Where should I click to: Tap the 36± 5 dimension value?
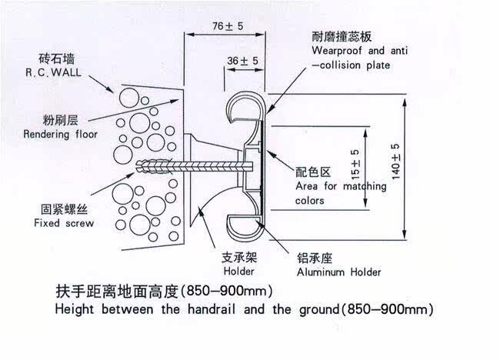click(242, 60)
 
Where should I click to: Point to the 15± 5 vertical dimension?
click(355, 163)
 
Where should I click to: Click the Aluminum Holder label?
click(338, 272)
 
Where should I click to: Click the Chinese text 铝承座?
click(315, 258)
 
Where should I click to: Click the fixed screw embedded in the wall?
click(165, 166)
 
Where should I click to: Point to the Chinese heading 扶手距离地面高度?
click(116, 292)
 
